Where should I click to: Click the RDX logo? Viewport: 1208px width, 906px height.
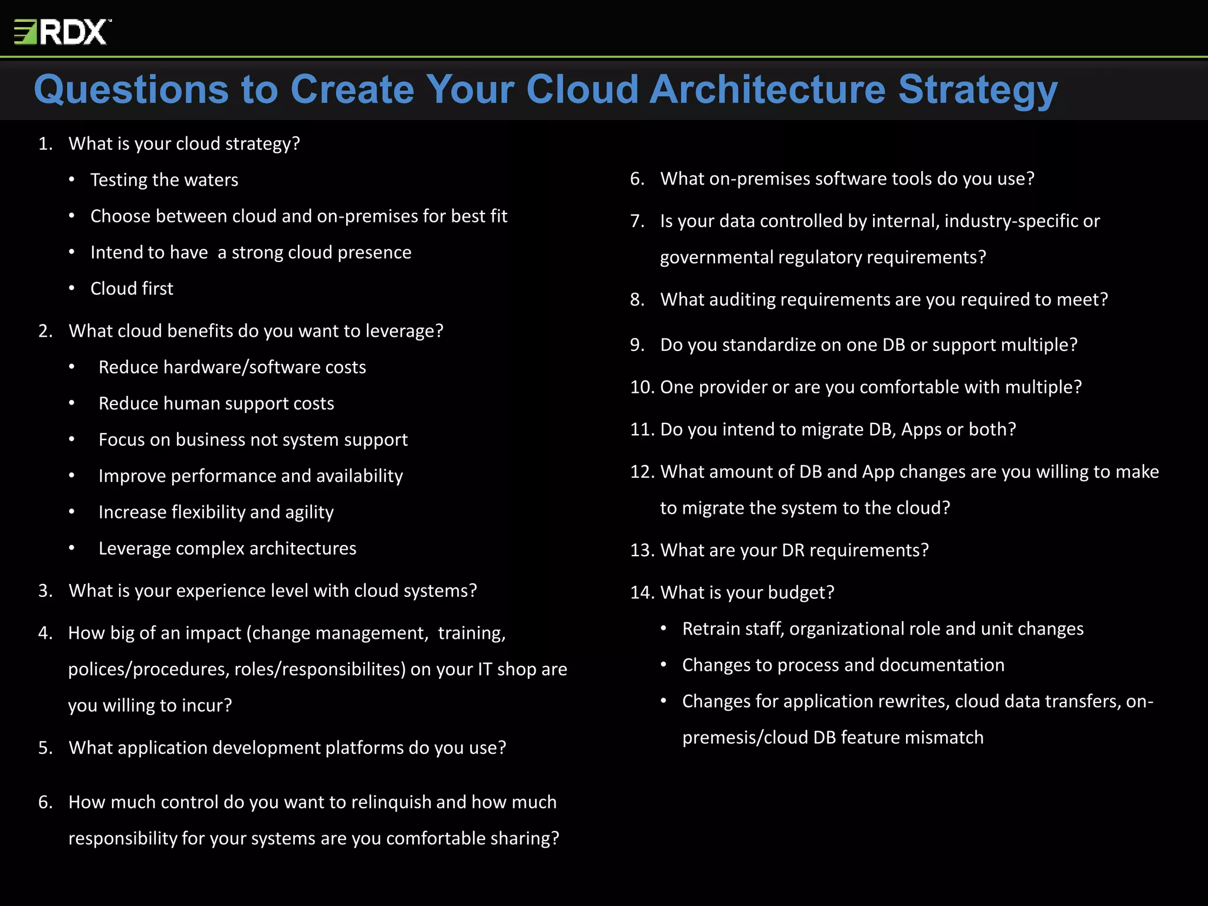tap(63, 32)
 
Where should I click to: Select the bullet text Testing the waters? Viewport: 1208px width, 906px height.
tap(164, 180)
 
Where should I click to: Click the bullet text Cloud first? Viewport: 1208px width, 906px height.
tap(132, 288)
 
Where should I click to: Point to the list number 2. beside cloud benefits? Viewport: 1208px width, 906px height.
tap(45, 331)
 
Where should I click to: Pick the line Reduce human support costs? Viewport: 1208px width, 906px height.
tap(216, 403)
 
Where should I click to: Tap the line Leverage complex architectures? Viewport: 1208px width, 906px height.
tap(227, 549)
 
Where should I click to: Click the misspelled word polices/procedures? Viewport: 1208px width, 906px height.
tap(148, 669)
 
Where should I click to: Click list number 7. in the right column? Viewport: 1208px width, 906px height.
tap(637, 221)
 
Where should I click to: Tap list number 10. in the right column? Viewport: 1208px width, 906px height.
tap(642, 388)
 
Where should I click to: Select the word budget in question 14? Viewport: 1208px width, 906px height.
tap(803, 593)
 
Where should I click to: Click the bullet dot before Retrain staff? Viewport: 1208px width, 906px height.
tap(664, 629)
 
